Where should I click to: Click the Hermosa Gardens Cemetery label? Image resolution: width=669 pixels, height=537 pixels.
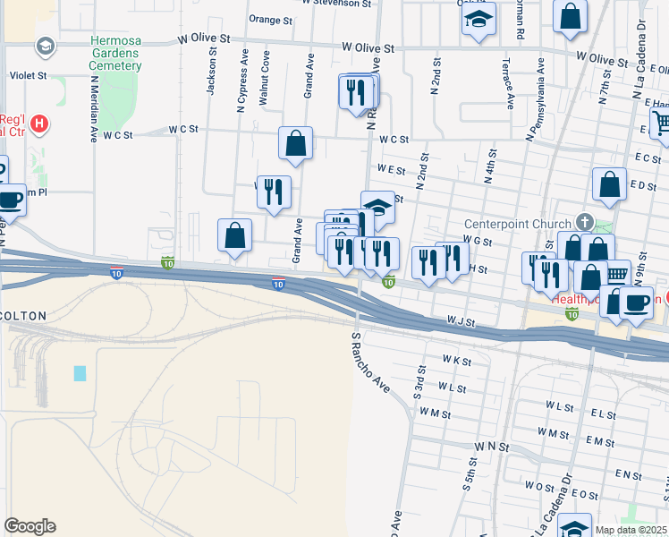coord(114,54)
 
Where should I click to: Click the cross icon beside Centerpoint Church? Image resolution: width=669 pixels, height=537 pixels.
coord(584,221)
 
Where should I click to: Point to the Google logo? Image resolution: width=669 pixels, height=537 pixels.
coord(30,526)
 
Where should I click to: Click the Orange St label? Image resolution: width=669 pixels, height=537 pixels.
coord(271,19)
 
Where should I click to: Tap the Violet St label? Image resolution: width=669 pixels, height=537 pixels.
coord(27,76)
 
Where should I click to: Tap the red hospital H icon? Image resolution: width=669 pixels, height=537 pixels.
coord(39,124)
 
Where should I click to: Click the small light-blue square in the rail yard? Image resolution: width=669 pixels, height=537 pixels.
coord(80,373)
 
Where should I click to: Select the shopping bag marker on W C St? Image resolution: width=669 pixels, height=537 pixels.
coord(295,143)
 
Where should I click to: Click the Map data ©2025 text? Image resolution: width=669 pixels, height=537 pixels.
coord(630,530)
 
